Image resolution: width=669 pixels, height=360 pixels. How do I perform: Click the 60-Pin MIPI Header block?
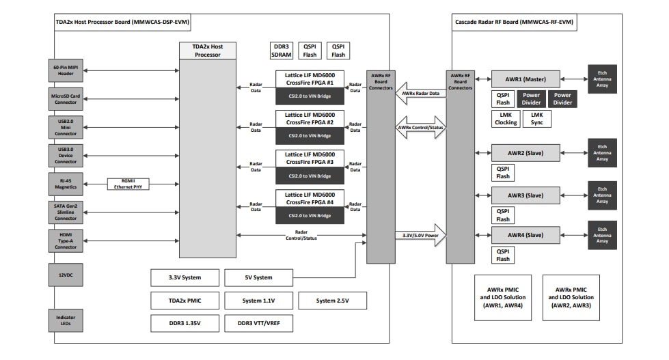pyautogui.click(x=66, y=70)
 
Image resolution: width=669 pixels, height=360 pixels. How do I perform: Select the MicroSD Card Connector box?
pyautogui.click(x=66, y=98)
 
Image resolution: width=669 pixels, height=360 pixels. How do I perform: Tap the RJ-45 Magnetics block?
pyautogui.click(x=66, y=184)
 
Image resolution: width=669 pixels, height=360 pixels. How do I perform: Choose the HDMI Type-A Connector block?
pyautogui.click(x=66, y=240)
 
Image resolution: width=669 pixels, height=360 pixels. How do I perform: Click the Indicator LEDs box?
pyautogui.click(x=66, y=320)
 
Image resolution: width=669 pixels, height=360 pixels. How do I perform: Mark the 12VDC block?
pyautogui.click(x=66, y=275)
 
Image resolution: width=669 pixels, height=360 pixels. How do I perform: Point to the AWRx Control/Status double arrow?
pyautogui.click(x=421, y=128)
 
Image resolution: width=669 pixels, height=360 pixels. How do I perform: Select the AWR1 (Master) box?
pyautogui.click(x=525, y=78)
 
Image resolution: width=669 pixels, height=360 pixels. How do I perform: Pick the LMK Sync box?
pyautogui.click(x=536, y=119)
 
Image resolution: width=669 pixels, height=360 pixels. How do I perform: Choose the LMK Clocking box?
pyautogui.click(x=506, y=119)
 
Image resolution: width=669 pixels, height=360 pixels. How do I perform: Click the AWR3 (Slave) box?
pyautogui.click(x=525, y=195)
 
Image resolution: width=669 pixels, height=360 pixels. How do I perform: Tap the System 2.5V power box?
pyautogui.click(x=332, y=301)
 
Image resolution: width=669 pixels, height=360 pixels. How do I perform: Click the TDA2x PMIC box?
pyautogui.click(x=185, y=301)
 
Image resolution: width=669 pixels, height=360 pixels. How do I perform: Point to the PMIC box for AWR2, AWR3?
pyautogui.click(x=571, y=297)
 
